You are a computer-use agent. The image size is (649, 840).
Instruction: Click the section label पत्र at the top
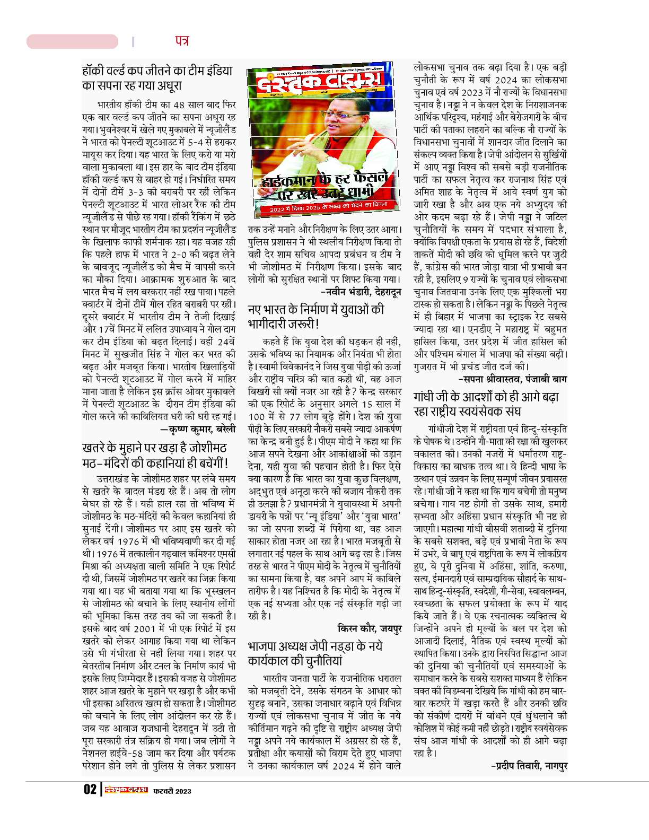click(x=181, y=41)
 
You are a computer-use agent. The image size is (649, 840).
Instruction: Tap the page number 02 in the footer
click(x=90, y=790)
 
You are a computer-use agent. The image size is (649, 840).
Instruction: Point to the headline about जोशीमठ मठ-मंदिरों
click(x=155, y=456)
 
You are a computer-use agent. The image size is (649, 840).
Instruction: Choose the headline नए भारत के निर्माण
click(x=316, y=317)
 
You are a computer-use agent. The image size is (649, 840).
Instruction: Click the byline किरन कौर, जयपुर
click(x=369, y=628)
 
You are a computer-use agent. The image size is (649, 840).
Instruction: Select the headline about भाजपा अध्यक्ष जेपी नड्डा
click(x=315, y=653)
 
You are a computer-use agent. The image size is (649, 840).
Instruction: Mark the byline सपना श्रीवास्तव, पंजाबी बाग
click(x=512, y=379)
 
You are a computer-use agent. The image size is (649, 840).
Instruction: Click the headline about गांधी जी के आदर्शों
click(x=486, y=404)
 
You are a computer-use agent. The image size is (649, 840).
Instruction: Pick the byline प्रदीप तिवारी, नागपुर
click(x=529, y=765)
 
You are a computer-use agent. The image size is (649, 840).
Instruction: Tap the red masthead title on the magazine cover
click(x=318, y=82)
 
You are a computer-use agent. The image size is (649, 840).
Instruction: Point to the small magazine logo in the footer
click(x=126, y=790)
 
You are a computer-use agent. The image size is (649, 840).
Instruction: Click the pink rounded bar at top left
click(x=73, y=41)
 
